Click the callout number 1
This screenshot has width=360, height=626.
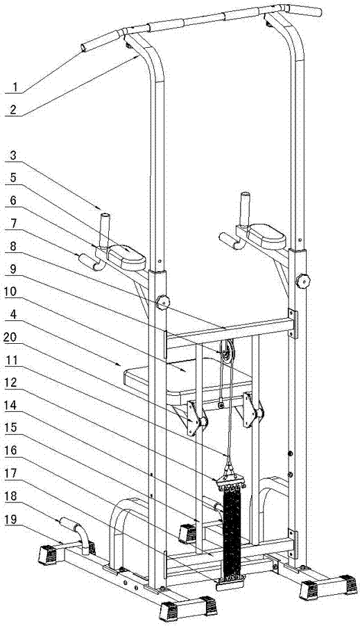tap(15, 87)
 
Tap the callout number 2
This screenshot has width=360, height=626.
tap(14, 110)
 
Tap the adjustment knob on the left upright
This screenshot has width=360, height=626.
tap(163, 302)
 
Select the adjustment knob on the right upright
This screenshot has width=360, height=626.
tap(303, 281)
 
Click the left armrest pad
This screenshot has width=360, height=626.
tap(127, 256)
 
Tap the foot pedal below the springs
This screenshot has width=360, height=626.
tap(230, 585)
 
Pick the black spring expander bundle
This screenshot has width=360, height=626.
tap(232, 533)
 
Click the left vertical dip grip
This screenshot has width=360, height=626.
tap(105, 231)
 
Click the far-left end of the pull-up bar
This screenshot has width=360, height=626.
tap(84, 48)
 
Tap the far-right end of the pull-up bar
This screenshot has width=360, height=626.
tap(318, 12)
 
